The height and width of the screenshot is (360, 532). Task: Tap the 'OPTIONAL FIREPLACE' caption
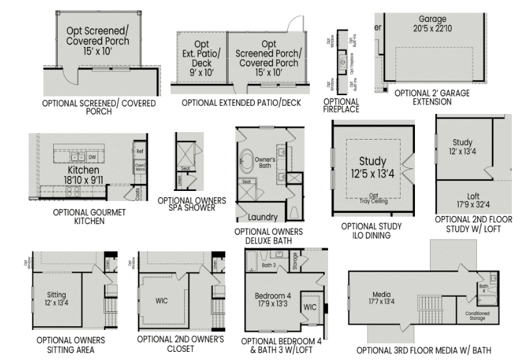coord(341,105)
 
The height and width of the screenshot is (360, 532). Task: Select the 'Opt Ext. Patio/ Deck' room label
coord(202,58)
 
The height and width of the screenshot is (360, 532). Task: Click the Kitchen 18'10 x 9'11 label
coord(83,175)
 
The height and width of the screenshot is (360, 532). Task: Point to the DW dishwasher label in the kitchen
coord(91,157)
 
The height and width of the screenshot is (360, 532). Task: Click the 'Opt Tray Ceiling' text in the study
coord(373,198)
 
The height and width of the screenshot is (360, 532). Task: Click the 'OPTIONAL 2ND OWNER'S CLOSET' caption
coord(180,344)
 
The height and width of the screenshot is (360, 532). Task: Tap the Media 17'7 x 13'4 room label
coord(381,298)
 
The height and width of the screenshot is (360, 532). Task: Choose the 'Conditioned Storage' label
coord(478,316)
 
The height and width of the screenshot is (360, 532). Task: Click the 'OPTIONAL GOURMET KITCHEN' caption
coord(89,217)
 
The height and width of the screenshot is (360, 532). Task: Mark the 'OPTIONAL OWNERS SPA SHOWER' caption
coord(192,204)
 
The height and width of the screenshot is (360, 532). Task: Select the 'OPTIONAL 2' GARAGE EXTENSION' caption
coord(432,97)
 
